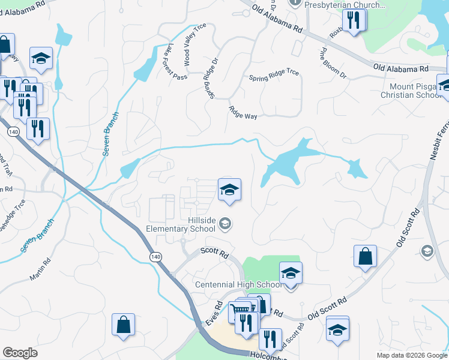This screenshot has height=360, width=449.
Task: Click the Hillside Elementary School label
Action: (x=181, y=224)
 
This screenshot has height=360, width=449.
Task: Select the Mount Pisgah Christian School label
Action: (x=414, y=91)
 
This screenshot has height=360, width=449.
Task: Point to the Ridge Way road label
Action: (x=243, y=112)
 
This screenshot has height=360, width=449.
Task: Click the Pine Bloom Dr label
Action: (x=334, y=63)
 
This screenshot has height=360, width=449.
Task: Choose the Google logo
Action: (x=20, y=353)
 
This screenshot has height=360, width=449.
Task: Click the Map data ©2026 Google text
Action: (x=411, y=355)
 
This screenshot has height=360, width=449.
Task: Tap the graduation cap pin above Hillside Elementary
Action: (x=229, y=190)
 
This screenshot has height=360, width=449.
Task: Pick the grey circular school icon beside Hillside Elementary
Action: (x=225, y=224)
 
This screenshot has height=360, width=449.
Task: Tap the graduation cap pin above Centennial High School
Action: (x=291, y=273)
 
